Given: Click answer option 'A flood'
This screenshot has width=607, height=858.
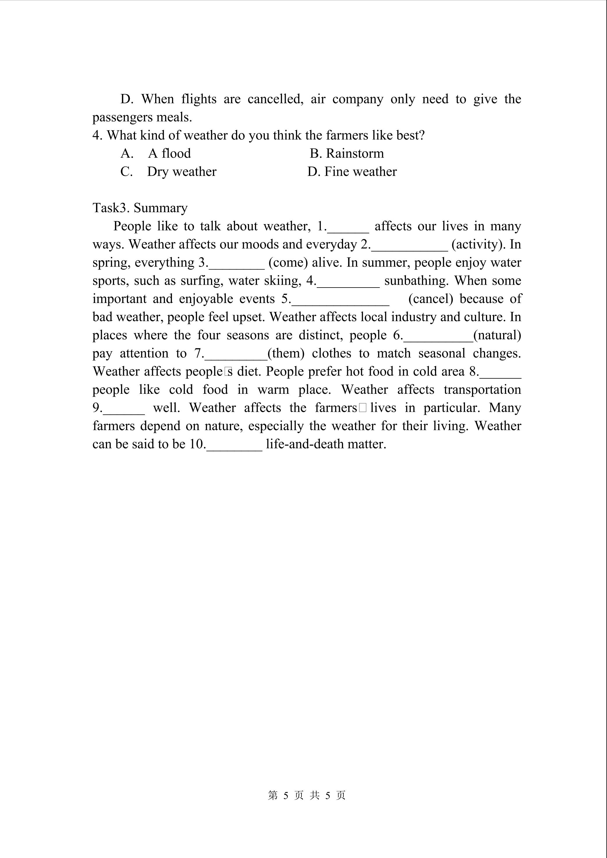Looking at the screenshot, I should [x=169, y=153].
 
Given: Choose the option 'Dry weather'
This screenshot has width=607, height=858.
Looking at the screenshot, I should [x=182, y=172].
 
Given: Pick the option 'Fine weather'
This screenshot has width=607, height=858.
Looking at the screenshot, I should [x=360, y=172].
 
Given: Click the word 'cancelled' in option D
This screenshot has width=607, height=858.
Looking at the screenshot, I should [x=275, y=99].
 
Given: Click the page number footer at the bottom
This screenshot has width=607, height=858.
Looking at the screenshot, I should [x=306, y=795].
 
